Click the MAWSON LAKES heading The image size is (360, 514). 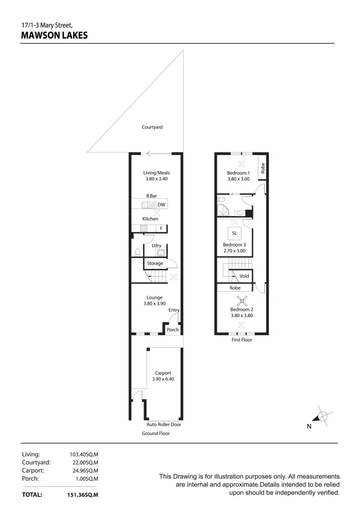pos(54,35)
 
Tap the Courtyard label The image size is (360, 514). pos(152,127)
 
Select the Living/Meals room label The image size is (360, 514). pos(156,173)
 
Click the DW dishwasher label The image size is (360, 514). pos(161,205)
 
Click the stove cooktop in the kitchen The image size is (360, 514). pos(144,228)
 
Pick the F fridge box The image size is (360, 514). pos(161,228)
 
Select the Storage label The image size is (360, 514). pos(155,263)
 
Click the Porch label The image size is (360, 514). pos(172,329)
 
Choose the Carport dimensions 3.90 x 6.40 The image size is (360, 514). pos(156,379)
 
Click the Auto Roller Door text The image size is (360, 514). pos(164,425)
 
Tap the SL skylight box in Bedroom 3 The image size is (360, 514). pos(234,233)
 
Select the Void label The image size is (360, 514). pos(244,276)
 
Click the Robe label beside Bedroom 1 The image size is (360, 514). pos(262,168)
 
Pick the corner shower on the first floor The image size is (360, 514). pos(222,211)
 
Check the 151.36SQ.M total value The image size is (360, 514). pos(83,495)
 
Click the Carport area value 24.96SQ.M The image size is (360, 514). pos(84,470)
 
